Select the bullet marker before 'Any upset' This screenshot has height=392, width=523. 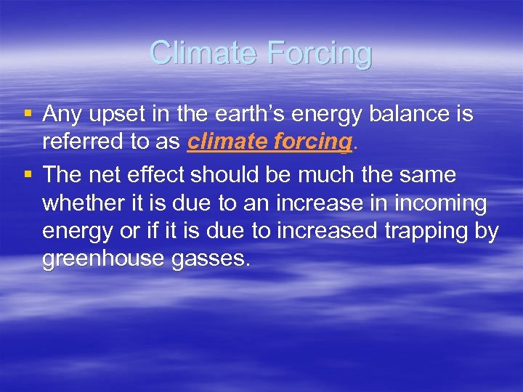pyautogui.click(x=27, y=114)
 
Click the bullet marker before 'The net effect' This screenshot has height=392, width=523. pyautogui.click(x=27, y=175)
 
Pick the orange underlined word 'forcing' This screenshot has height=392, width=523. pyautogui.click(x=314, y=142)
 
